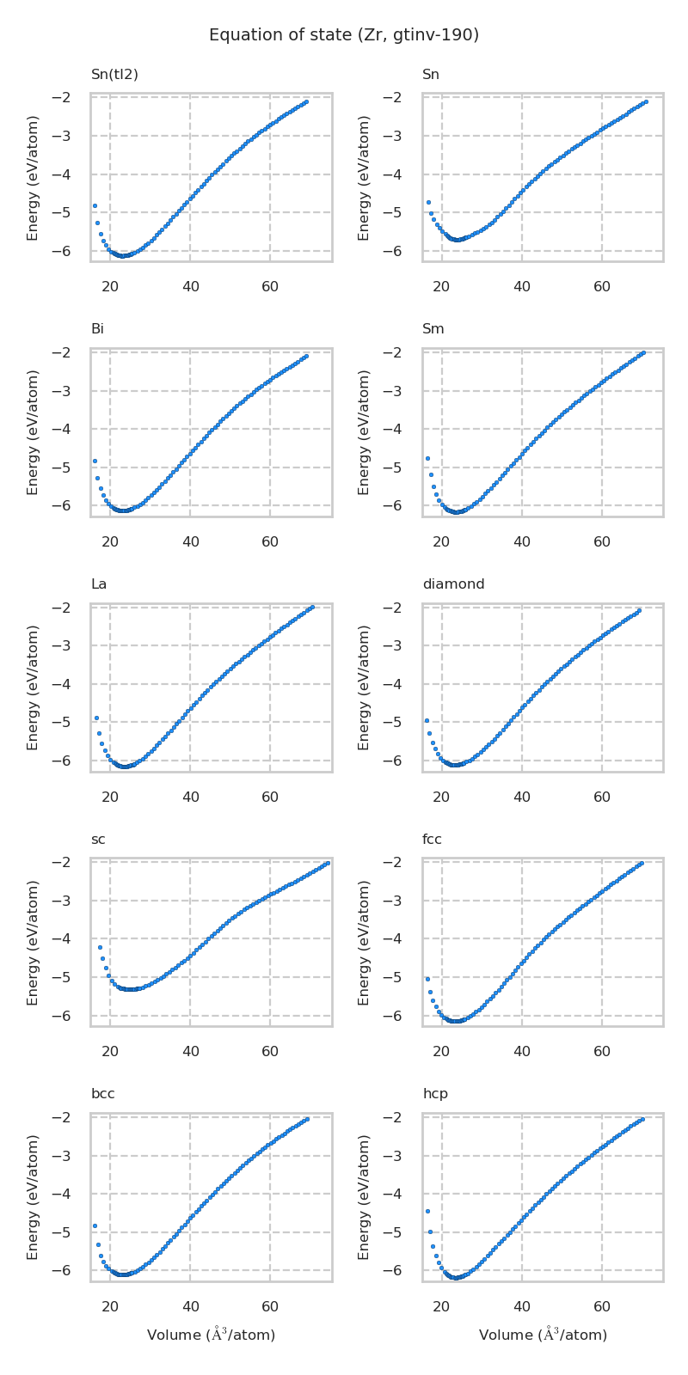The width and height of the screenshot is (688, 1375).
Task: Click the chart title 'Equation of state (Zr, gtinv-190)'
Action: coord(344,35)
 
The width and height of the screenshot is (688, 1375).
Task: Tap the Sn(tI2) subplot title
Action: coord(114,75)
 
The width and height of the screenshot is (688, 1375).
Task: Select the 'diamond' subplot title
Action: coord(453,584)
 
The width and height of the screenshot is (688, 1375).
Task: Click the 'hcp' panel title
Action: coord(435,1094)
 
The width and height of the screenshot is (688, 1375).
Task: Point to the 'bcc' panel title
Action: coord(103,1094)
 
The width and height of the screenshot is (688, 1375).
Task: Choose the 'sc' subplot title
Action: coord(98,840)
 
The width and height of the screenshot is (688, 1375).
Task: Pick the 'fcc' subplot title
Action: coord(432,840)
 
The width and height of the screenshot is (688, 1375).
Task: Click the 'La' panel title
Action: coord(99,584)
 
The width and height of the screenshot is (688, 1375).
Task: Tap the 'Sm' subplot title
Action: coord(433,329)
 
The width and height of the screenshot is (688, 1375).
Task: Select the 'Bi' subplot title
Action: coord(98,329)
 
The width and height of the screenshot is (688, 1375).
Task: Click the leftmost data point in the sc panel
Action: coord(100,947)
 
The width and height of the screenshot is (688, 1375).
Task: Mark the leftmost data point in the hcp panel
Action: coord(427,1211)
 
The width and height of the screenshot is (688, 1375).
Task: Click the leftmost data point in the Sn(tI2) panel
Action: coord(95,205)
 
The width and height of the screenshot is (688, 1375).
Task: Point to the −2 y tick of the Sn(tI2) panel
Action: coord(73,97)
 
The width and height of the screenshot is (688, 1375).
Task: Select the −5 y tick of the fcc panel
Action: coord(404,977)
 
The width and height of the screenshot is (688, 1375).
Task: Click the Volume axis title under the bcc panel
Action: coord(211,1335)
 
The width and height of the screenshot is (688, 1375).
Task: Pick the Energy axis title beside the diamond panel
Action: coord(365,687)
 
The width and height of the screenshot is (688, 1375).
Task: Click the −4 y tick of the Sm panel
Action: coord(404,429)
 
